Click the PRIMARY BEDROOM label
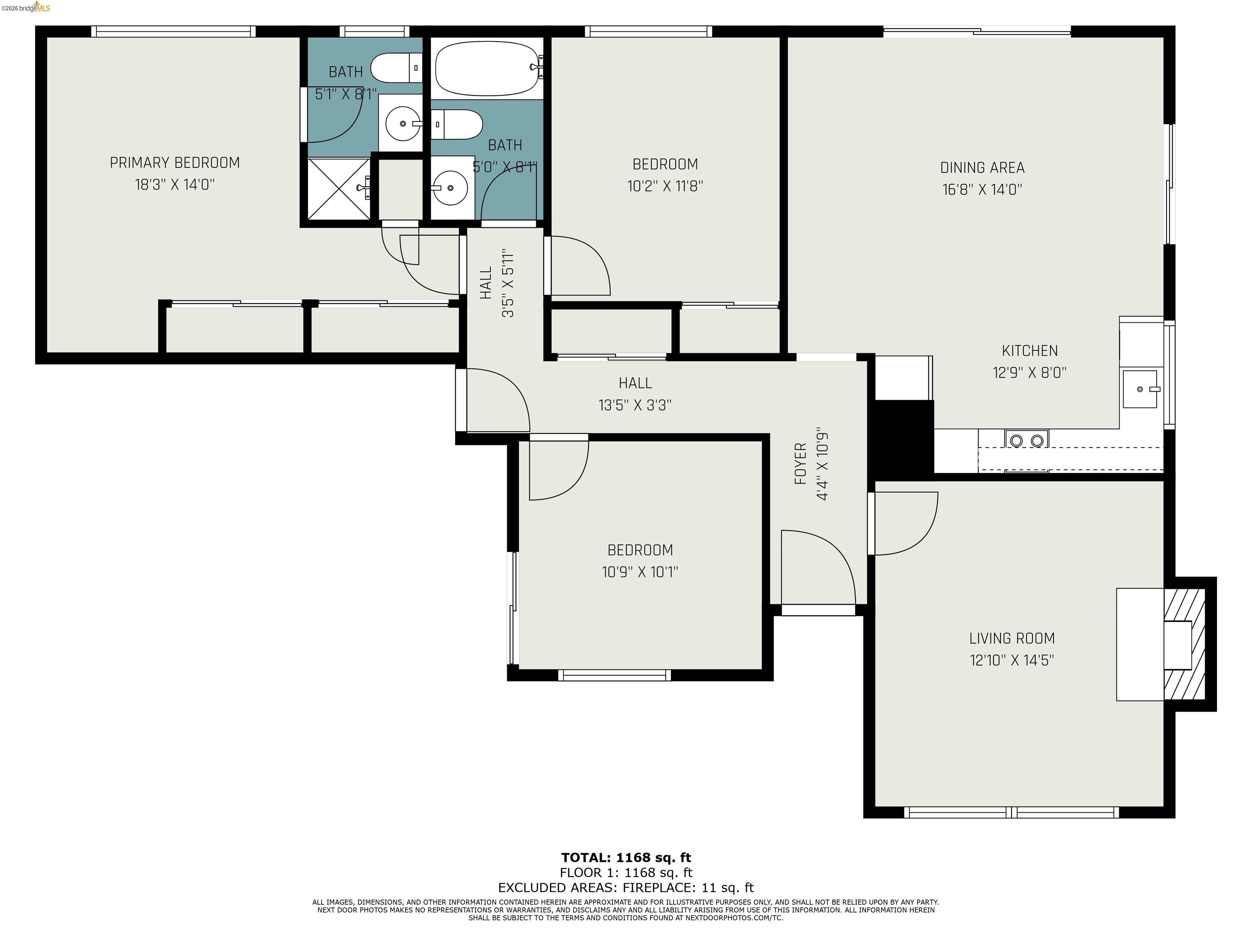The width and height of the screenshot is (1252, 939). (174, 163)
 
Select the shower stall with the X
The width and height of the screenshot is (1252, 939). (338, 188)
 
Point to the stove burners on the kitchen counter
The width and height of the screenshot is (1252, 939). (1026, 440)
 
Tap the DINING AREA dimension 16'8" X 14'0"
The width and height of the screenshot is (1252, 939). (982, 190)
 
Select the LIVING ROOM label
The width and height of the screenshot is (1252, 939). (1012, 639)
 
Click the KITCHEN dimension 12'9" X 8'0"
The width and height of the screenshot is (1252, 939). (1029, 373)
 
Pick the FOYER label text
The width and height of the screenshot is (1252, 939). (800, 464)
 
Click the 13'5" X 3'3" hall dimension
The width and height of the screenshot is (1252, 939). (635, 405)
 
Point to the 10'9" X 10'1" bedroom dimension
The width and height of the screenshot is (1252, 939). (639, 572)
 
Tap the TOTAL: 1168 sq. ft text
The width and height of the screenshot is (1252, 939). (626, 857)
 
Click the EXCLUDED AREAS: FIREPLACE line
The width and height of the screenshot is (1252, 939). (626, 888)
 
